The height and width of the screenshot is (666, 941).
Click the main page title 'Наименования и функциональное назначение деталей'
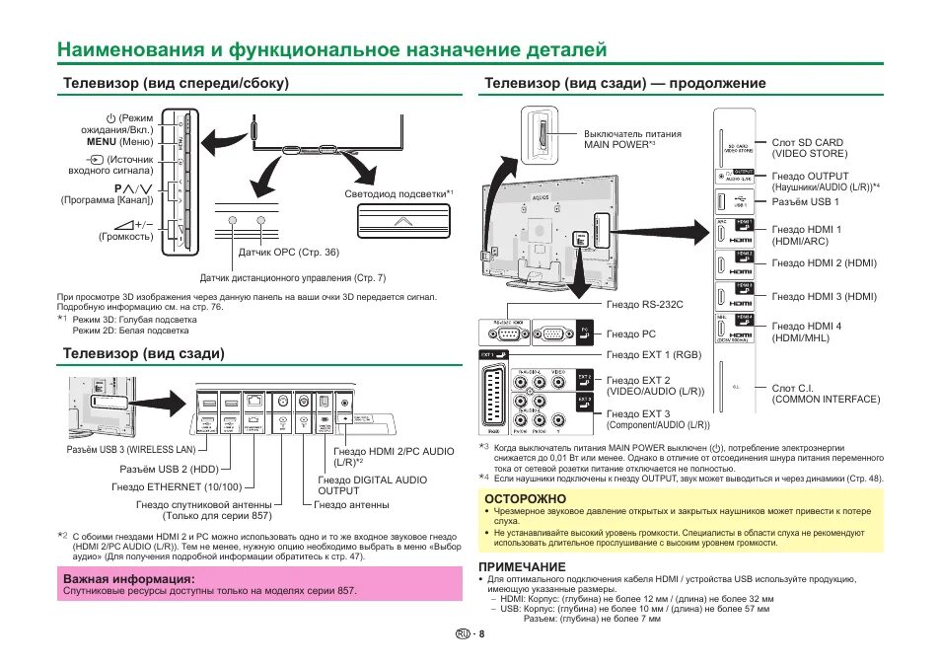tap(331, 49)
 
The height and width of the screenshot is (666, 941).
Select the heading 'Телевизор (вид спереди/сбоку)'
tap(177, 83)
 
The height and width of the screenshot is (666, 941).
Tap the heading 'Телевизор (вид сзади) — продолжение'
tap(624, 83)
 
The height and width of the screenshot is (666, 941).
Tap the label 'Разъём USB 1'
tap(805, 202)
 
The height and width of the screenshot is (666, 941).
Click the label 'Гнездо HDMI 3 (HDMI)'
tap(824, 296)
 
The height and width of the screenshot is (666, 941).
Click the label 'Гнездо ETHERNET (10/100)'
tap(177, 486)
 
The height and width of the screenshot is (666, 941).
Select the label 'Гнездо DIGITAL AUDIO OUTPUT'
tap(372, 484)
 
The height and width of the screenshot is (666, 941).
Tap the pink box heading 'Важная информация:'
tap(129, 578)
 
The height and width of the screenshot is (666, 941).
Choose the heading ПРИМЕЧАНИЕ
tap(522, 566)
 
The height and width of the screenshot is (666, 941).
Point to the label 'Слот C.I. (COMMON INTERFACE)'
tap(826, 393)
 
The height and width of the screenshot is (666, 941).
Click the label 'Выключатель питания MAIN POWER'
tap(632, 139)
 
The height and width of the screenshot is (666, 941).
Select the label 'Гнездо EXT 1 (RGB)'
tap(653, 354)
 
